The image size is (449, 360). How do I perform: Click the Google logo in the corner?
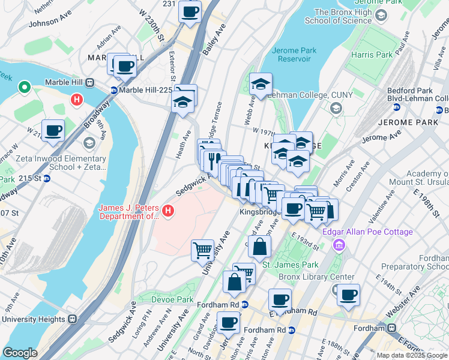click(20, 353)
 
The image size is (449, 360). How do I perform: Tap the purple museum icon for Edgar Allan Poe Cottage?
click(339, 244)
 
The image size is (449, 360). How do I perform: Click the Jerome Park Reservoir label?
click(294, 55)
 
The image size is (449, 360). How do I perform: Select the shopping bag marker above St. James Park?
click(259, 247)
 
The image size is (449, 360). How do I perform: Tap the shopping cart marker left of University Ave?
click(202, 250)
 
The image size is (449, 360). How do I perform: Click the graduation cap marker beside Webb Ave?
click(261, 85)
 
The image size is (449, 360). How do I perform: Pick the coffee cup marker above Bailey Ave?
click(190, 11)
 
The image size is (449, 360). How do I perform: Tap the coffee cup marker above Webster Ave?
click(348, 295)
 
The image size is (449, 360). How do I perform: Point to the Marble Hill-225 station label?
click(146, 90)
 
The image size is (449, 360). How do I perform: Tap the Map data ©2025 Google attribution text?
click(412, 355)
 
